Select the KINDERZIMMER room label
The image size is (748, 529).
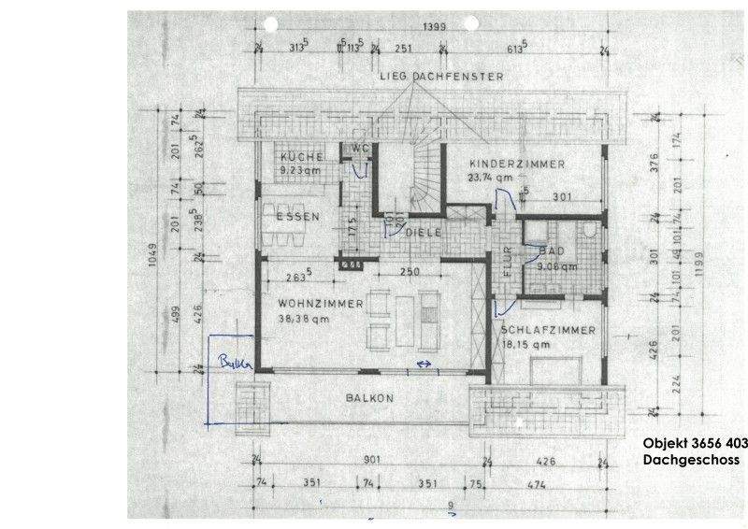[x=517, y=164]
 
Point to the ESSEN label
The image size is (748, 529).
[x=297, y=217]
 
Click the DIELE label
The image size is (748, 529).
[x=423, y=231]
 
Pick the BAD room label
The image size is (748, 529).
[x=552, y=251]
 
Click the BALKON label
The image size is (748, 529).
[x=370, y=398]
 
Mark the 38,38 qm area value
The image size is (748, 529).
[x=305, y=318]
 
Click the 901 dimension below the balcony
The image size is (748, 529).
[x=372, y=460]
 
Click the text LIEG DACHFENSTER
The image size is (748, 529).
[x=441, y=75]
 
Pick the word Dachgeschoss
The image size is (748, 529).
[x=691, y=461]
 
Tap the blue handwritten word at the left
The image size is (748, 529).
[x=228, y=362]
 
